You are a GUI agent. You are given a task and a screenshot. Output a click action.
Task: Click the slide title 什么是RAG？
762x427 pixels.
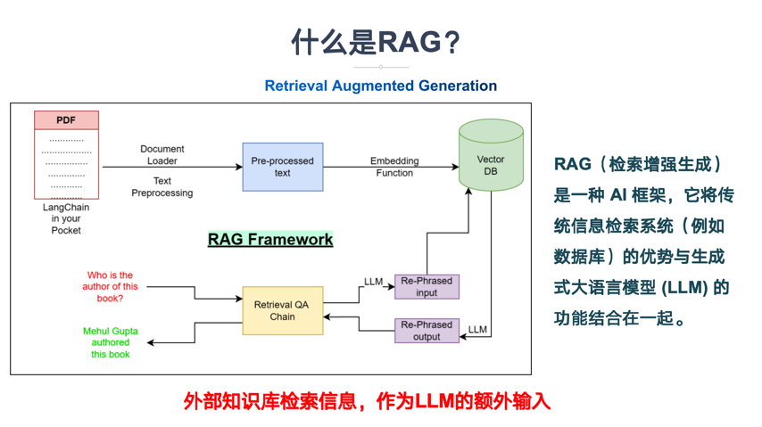[380, 42]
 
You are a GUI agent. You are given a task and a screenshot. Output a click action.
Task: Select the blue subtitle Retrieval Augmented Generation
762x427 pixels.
[380, 86]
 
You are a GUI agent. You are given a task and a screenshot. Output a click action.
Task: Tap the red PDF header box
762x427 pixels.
[66, 120]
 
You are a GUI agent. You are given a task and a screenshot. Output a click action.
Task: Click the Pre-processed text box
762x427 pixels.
[282, 167]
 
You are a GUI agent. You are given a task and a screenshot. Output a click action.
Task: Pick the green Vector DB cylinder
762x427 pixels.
[491, 156]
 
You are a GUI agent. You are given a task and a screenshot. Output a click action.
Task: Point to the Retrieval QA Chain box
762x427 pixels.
[282, 311]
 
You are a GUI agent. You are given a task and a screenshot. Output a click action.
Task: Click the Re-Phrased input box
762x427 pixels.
[427, 286]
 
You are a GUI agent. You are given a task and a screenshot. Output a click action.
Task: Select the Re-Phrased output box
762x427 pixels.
[427, 331]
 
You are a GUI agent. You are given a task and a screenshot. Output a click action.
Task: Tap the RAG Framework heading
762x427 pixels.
[270, 239]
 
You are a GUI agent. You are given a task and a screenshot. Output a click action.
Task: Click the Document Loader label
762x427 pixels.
[162, 155]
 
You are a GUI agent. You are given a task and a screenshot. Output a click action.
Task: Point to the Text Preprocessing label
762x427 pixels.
[162, 186]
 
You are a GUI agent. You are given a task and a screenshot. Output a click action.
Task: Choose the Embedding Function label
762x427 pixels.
[394, 167]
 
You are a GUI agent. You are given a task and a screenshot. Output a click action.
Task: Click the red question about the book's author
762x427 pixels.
[110, 287]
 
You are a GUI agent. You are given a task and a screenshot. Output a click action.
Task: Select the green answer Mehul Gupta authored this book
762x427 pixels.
[111, 342]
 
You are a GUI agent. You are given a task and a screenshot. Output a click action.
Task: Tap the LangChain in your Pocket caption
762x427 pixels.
[66, 218]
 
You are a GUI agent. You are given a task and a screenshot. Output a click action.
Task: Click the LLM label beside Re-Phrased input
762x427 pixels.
[374, 282]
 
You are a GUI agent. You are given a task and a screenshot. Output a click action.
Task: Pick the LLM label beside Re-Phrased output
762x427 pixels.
[477, 330]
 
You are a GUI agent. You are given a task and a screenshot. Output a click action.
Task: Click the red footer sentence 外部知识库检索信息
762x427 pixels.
[367, 401]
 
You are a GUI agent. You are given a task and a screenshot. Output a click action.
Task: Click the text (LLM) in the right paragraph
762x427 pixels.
[686, 288]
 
